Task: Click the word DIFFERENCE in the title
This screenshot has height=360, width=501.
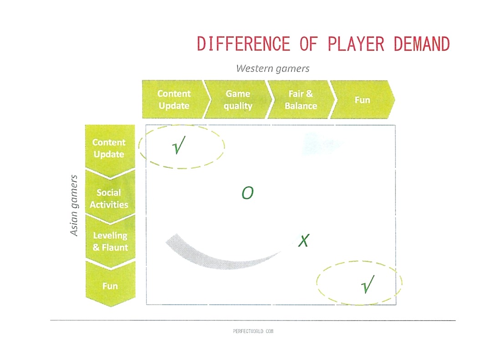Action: (x=244, y=44)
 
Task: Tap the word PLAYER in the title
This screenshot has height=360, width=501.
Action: (x=356, y=44)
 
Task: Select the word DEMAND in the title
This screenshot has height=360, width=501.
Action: (x=422, y=44)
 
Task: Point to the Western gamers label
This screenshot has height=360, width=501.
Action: (x=272, y=68)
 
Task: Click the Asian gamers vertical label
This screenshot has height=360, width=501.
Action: (x=74, y=205)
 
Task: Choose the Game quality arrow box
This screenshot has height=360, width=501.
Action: (x=238, y=99)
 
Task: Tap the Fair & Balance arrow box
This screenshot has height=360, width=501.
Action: (x=301, y=99)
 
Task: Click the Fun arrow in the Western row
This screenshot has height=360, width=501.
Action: (x=363, y=100)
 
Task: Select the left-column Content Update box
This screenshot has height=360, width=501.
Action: (x=110, y=150)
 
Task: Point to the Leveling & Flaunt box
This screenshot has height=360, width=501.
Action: (x=110, y=242)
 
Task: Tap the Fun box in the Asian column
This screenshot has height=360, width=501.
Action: (x=110, y=284)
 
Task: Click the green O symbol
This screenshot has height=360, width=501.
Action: (x=248, y=193)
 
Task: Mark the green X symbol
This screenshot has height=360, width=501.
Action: (x=303, y=241)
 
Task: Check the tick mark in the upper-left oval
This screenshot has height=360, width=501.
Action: (x=179, y=145)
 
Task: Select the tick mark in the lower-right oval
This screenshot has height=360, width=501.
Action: (x=368, y=284)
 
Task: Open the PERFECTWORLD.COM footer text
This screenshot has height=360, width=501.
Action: (x=253, y=331)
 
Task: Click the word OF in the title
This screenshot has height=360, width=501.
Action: (x=309, y=44)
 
